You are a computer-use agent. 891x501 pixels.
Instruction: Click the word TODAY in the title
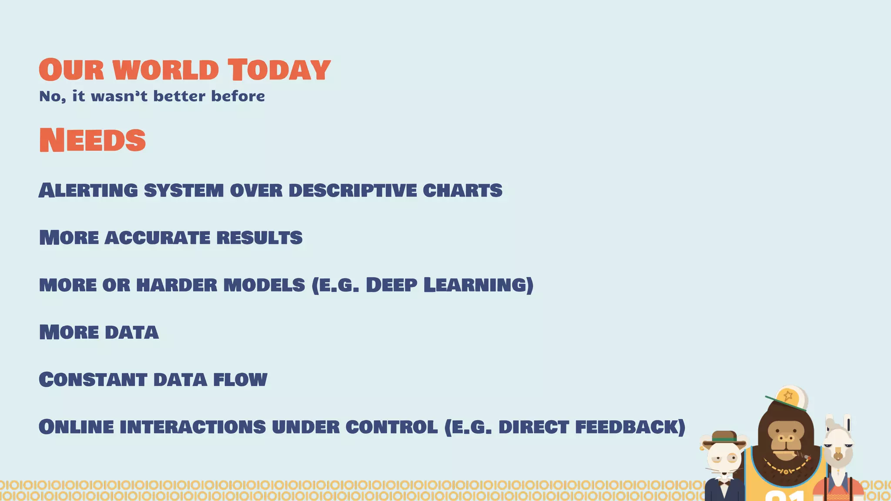click(x=279, y=70)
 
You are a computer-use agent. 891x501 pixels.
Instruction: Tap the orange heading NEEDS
click(x=92, y=140)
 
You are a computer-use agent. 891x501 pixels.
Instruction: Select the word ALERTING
click(x=88, y=190)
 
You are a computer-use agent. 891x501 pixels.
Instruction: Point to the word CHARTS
click(x=462, y=190)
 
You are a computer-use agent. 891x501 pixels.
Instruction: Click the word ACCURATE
click(x=157, y=238)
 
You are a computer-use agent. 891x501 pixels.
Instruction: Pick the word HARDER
click(x=177, y=285)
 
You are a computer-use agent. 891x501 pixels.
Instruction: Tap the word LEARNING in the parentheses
click(x=478, y=285)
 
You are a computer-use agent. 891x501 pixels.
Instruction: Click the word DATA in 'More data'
click(x=131, y=333)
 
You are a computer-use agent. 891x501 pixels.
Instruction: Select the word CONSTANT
click(x=93, y=380)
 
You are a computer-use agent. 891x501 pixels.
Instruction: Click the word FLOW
click(x=240, y=380)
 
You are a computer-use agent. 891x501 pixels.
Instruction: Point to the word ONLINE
click(x=76, y=427)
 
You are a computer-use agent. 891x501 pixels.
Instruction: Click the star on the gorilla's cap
click(x=788, y=396)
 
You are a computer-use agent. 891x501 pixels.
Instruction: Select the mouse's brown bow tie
click(x=724, y=482)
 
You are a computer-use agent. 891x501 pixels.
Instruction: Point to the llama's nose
click(x=837, y=457)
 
